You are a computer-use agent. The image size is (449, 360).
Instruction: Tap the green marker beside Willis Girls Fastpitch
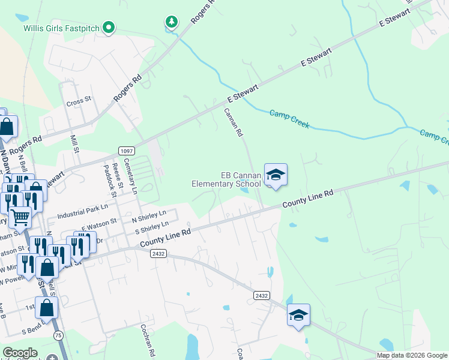click(x=109, y=27)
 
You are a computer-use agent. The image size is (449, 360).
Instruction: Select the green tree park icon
click(x=172, y=23)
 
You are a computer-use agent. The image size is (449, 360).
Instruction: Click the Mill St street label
click(x=74, y=144)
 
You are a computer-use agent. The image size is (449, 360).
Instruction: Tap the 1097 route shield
click(x=126, y=151)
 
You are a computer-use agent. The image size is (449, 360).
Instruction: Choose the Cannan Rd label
click(x=233, y=121)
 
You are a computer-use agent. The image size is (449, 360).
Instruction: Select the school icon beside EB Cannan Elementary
click(x=276, y=175)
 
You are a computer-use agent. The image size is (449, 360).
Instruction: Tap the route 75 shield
click(x=58, y=335)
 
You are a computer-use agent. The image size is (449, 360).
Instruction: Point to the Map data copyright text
click(x=412, y=355)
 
